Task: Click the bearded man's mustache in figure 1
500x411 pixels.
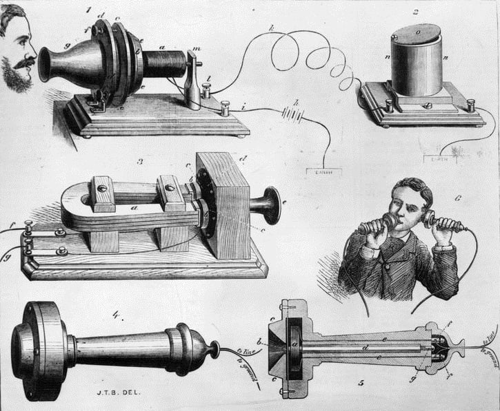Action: click(x=25, y=63)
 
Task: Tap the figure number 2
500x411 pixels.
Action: click(x=416, y=11)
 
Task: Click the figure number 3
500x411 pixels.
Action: click(x=140, y=162)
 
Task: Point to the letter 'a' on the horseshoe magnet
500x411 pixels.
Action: click(x=134, y=206)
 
